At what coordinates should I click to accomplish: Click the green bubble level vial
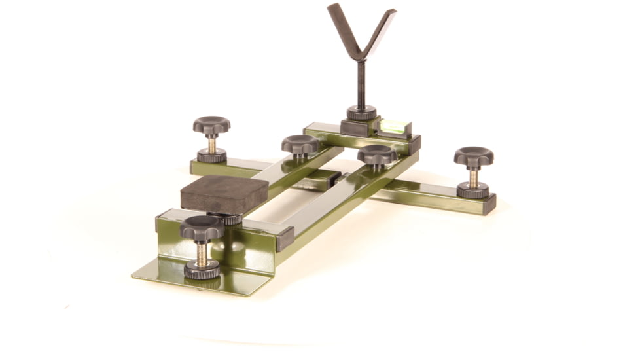click(x=394, y=126)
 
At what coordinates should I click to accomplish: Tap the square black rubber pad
click(x=224, y=194)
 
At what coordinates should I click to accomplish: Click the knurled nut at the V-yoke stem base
click(x=361, y=113)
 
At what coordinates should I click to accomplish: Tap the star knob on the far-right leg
click(x=473, y=157)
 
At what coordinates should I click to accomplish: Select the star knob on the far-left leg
click(x=211, y=124)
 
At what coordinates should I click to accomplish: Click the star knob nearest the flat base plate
click(x=202, y=228)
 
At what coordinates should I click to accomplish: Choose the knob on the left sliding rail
click(x=300, y=144)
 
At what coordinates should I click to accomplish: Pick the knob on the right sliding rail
click(x=377, y=155)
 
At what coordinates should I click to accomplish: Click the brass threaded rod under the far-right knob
click(x=472, y=177)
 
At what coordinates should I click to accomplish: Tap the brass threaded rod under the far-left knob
click(x=211, y=142)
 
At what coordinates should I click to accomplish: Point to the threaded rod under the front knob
click(x=202, y=253)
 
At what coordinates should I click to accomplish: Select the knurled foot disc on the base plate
click(x=202, y=269)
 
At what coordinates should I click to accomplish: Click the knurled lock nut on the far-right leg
click(x=472, y=190)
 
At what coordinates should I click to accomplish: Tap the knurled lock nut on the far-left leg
click(x=211, y=156)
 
